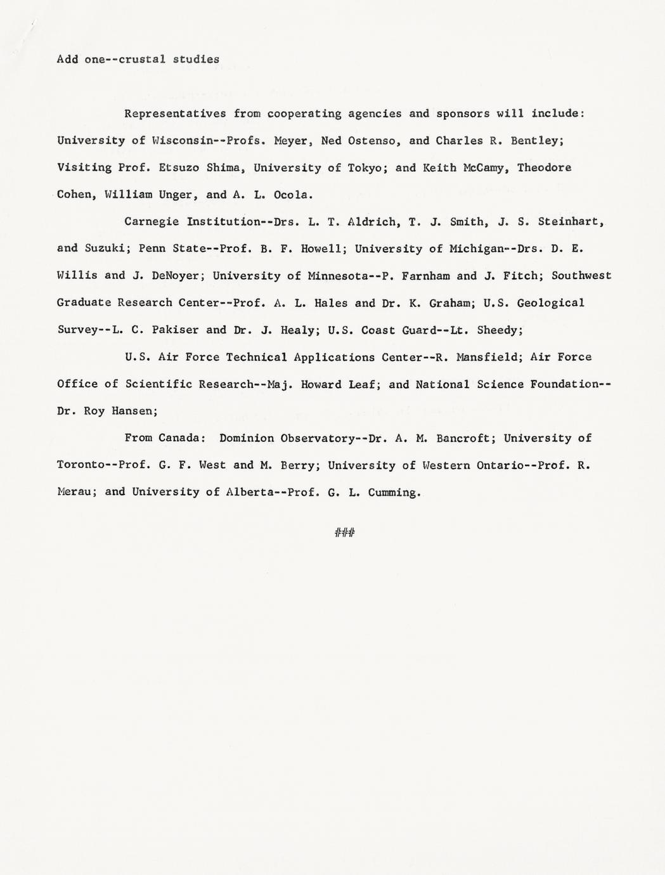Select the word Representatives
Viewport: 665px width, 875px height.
[174, 114]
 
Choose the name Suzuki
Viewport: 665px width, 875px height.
[106, 249]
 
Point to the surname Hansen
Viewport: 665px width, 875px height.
[134, 411]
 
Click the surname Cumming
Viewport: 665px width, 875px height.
[395, 492]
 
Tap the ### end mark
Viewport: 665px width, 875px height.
[344, 533]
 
